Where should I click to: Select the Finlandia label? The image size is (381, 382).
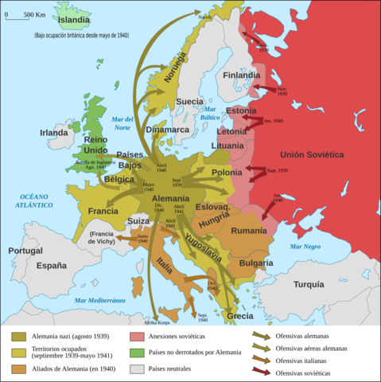pos(241,76)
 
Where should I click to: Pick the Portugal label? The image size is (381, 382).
pos(25,251)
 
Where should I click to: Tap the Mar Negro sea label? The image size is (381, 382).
pos(306,248)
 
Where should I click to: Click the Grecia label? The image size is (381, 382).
pos(239,316)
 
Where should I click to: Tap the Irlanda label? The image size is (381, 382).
pos(54,133)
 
